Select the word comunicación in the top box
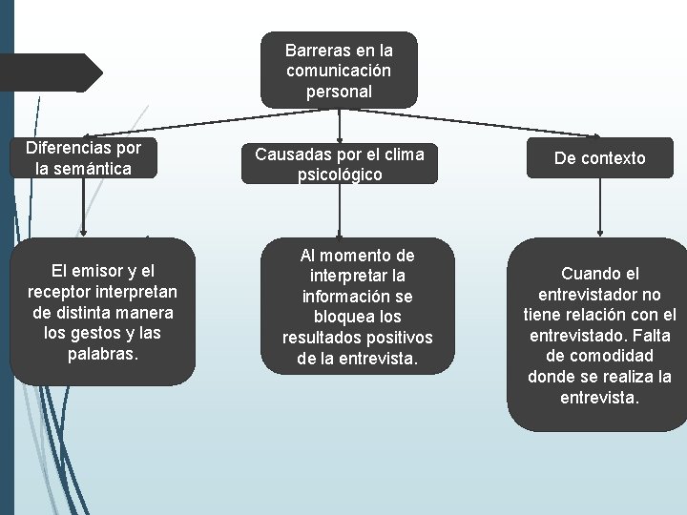pos(339,71)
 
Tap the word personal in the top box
pos(339,92)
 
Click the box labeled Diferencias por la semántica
pos(83,158)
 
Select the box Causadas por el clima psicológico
pos(339,164)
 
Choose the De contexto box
pos(599,158)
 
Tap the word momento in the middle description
pos(356,256)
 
